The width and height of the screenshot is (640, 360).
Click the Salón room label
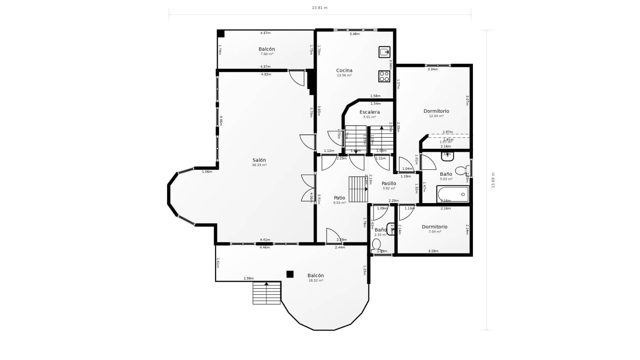point(259,160)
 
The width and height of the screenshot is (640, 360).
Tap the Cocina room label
point(344,71)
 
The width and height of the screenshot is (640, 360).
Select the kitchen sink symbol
point(384,52)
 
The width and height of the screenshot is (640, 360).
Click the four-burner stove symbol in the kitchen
point(384,76)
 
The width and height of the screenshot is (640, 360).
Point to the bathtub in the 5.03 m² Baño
point(453,194)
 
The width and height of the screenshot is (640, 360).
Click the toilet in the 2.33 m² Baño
point(376,245)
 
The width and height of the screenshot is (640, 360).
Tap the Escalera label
point(370,112)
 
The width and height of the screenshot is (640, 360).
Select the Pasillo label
point(389,184)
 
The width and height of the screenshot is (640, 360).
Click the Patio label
point(340,198)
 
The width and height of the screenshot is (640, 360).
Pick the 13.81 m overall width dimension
point(320,8)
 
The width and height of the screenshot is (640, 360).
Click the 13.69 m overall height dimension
point(493,180)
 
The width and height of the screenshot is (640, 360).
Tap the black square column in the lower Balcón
point(290,274)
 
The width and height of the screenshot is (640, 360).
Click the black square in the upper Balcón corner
point(221,34)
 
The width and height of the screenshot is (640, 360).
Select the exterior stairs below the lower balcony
point(267,293)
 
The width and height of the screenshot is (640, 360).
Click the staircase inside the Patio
point(358,189)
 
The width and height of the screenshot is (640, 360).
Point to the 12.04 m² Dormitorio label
point(436,111)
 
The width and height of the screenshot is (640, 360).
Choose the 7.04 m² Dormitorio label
point(435,227)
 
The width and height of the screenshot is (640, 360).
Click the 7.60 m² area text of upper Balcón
point(267,54)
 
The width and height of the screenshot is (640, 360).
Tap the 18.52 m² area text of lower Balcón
point(316,280)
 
